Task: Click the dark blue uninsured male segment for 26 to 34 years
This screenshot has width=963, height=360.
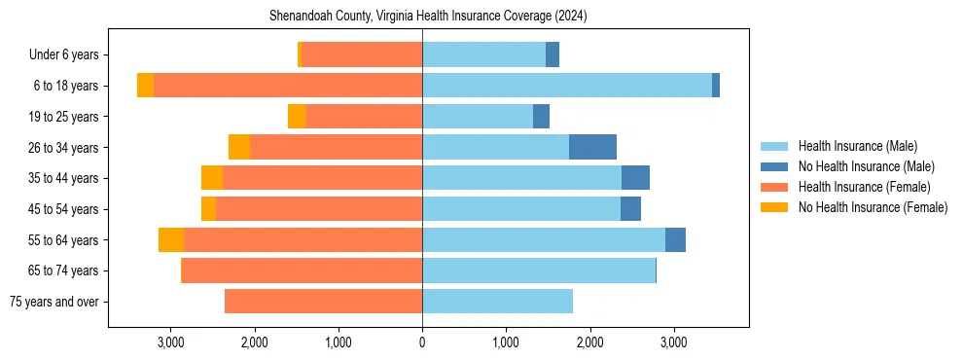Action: (x=592, y=147)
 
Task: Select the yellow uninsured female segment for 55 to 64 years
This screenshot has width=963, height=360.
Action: (x=171, y=239)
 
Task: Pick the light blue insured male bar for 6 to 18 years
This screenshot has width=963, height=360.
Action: (x=567, y=86)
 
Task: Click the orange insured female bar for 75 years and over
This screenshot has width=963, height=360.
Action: (x=323, y=302)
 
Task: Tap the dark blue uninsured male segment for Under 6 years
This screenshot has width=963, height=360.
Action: (x=553, y=54)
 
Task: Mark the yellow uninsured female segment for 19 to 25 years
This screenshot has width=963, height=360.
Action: (x=297, y=117)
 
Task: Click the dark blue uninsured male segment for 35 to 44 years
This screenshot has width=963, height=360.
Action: (x=635, y=178)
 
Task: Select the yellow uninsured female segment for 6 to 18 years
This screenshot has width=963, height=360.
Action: (x=145, y=86)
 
